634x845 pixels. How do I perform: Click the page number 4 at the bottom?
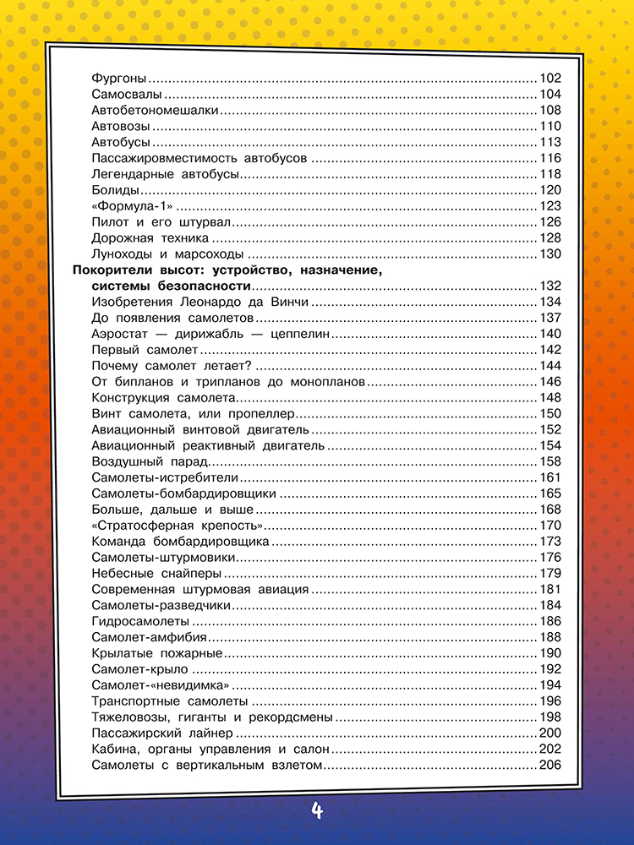(317, 812)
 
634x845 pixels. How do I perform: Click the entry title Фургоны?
(119, 79)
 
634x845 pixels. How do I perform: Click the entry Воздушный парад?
(150, 461)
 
